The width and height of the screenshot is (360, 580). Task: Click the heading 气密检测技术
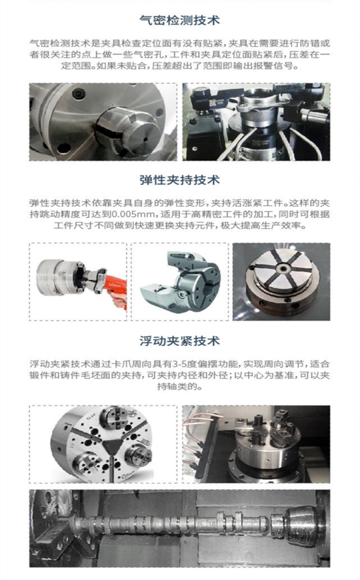click(180, 20)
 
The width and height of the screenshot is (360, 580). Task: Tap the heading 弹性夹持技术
click(180, 180)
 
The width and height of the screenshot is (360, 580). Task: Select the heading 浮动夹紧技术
click(180, 341)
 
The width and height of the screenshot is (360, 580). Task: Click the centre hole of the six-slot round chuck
click(283, 269)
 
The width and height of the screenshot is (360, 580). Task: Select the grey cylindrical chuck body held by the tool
click(56, 277)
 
